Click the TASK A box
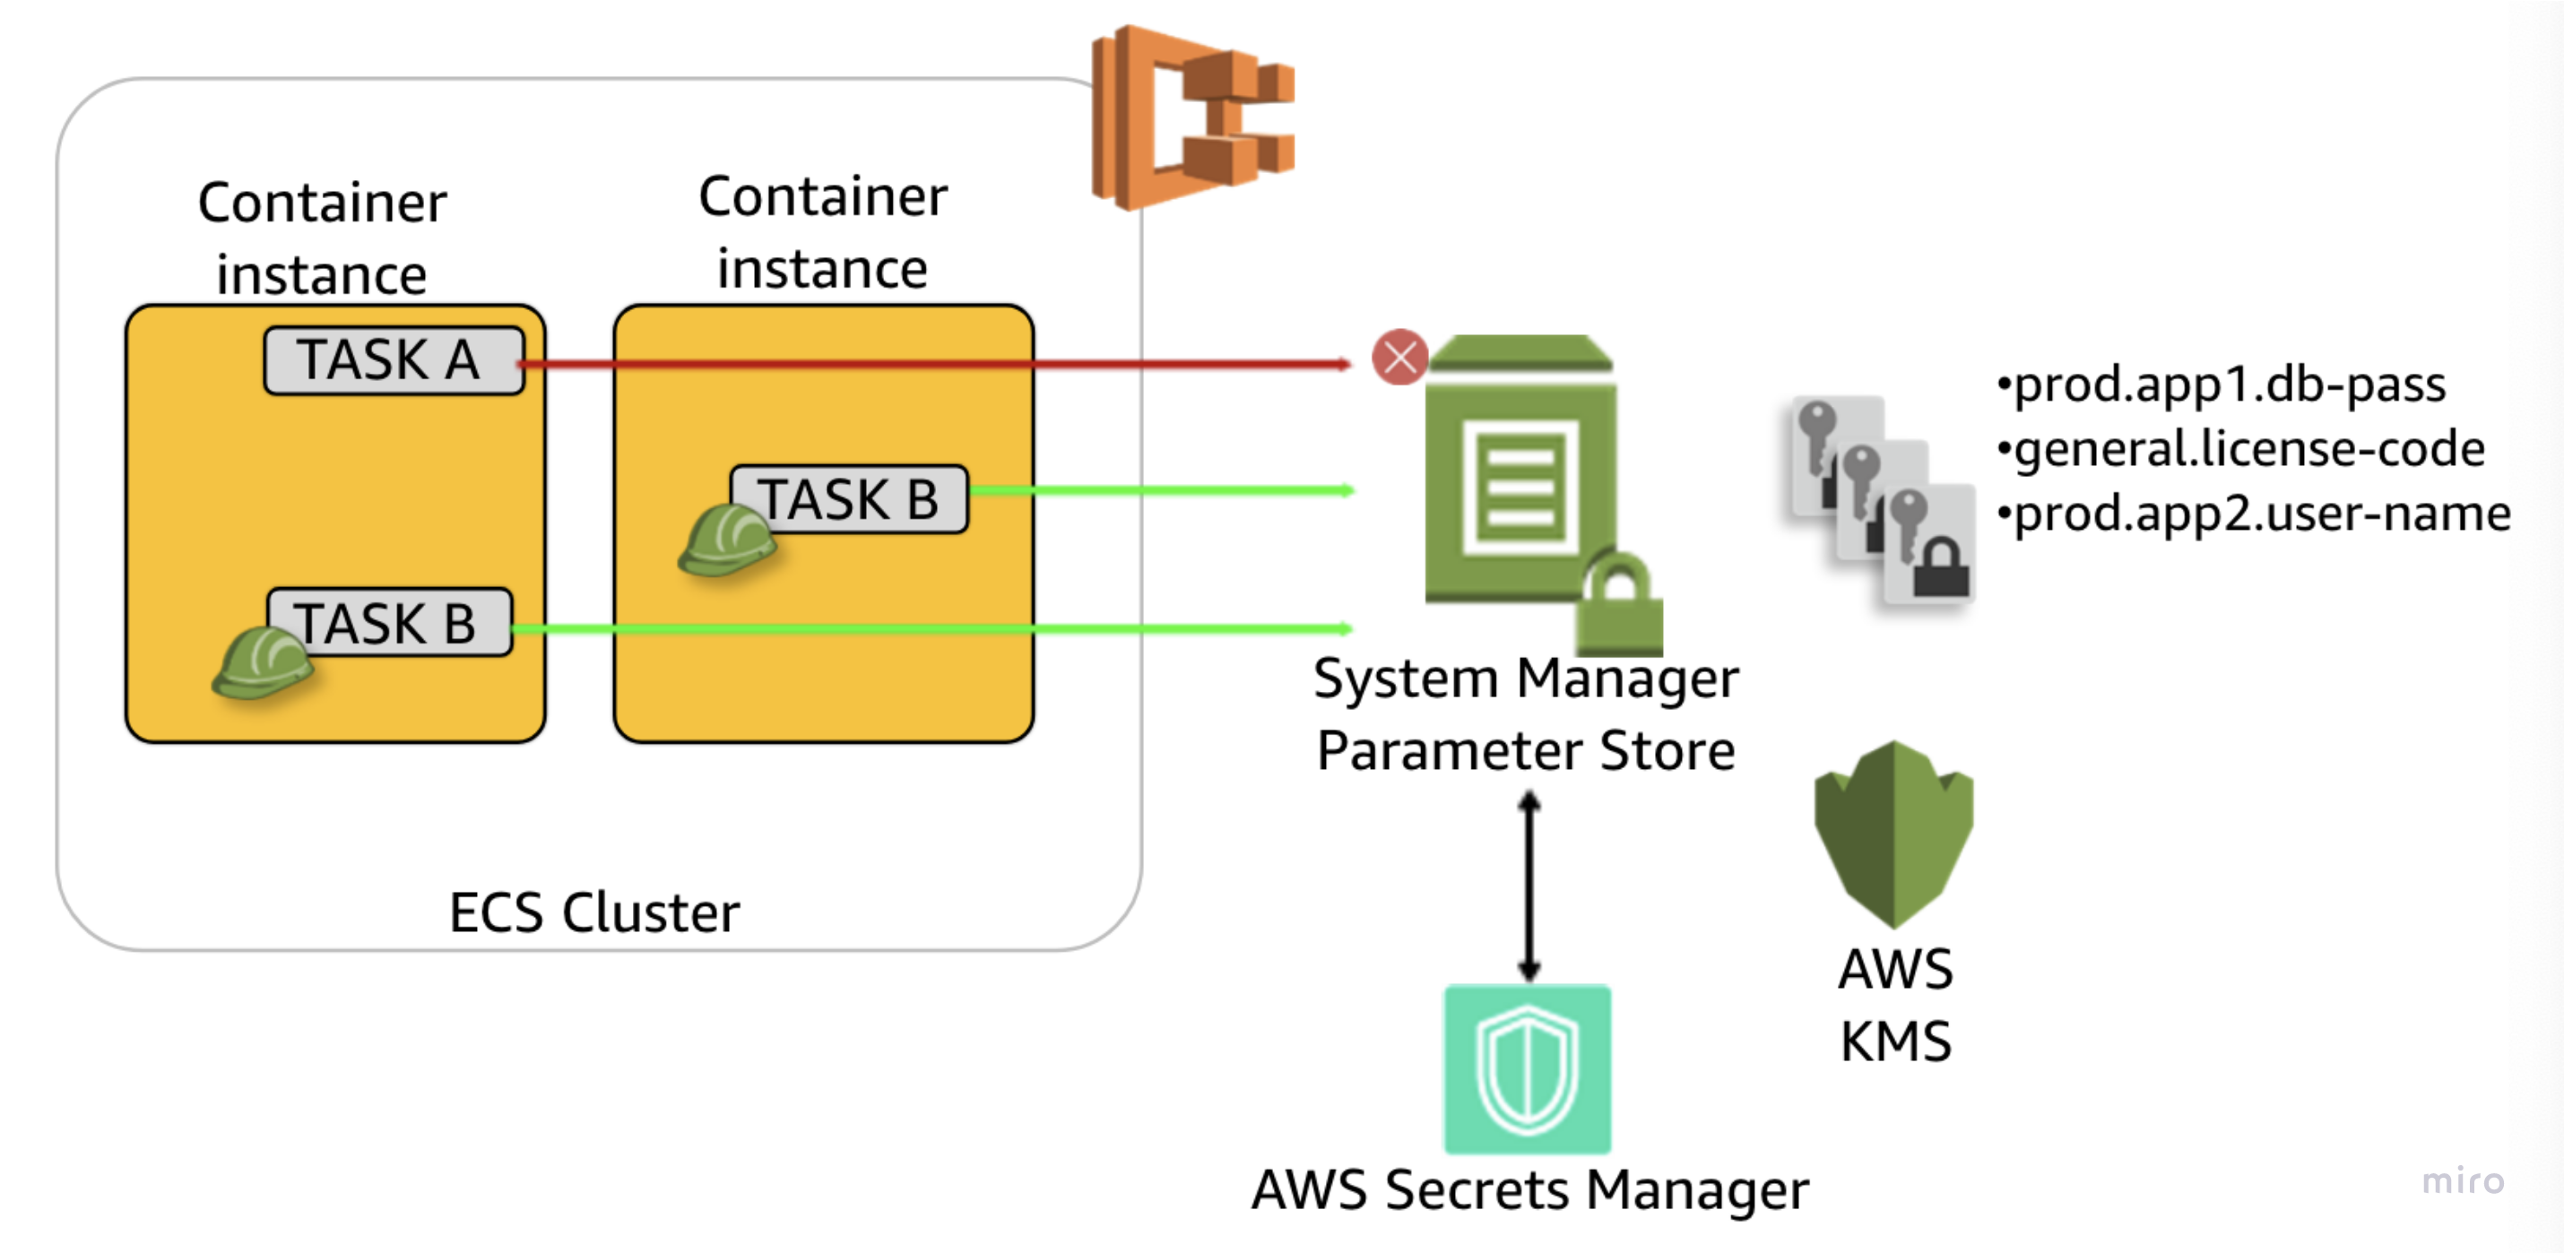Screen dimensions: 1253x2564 [394, 360]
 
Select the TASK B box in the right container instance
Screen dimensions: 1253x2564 [848, 499]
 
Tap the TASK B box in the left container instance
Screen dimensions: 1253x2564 [389, 623]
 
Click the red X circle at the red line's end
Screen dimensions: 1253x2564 [1399, 357]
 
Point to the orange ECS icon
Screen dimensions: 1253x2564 [1191, 117]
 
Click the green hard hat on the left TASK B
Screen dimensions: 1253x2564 [262, 664]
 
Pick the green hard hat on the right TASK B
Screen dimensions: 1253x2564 [726, 540]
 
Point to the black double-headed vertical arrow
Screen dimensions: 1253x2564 [1529, 886]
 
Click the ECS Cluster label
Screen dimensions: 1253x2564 [594, 912]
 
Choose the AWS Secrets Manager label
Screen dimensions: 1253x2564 [1529, 1189]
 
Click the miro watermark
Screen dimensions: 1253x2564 [2463, 1180]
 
